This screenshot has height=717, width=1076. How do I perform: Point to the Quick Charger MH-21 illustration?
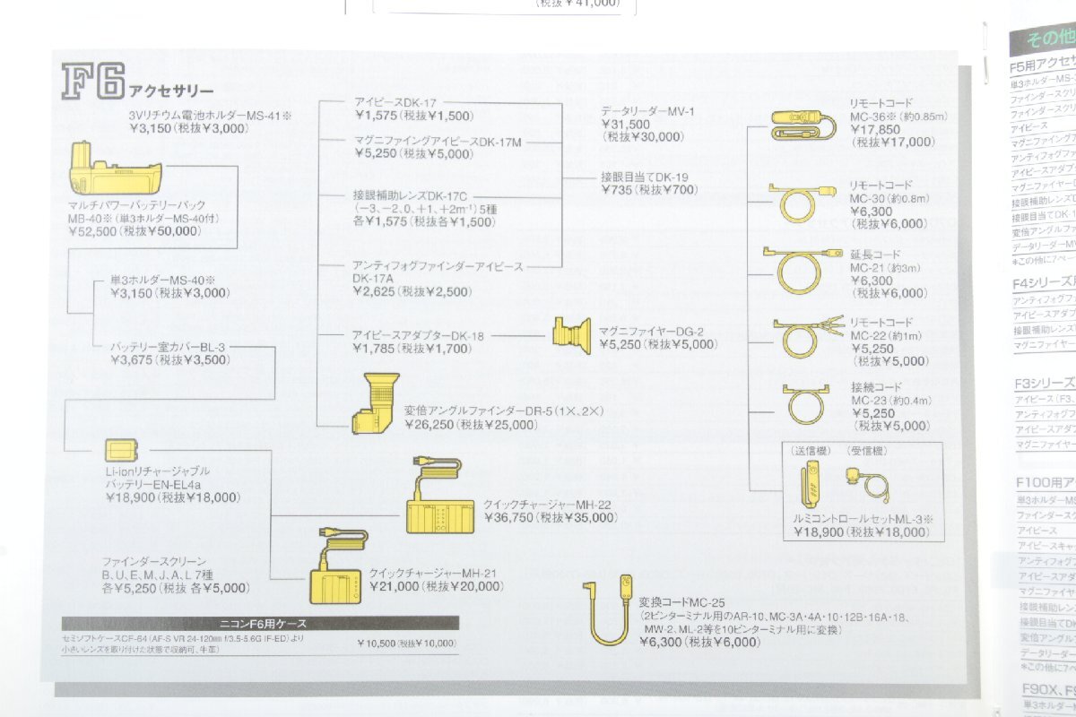(x=338, y=574)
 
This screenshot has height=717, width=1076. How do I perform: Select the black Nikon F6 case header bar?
(x=260, y=623)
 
